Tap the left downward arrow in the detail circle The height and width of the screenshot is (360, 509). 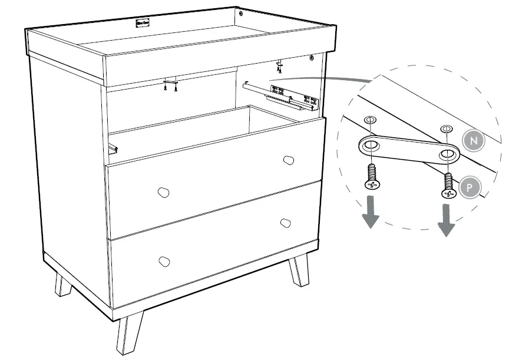tap(370, 213)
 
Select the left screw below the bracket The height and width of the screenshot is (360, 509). tap(371, 177)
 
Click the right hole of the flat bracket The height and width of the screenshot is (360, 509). tap(448, 154)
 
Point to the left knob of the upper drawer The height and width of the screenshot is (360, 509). tap(163, 192)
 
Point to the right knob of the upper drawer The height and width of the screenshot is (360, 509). tap(288, 160)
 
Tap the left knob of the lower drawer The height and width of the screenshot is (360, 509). tap(164, 261)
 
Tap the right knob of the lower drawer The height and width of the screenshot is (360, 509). tap(286, 223)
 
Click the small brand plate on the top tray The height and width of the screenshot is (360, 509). tap(143, 24)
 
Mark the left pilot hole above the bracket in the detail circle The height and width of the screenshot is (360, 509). tap(369, 120)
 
